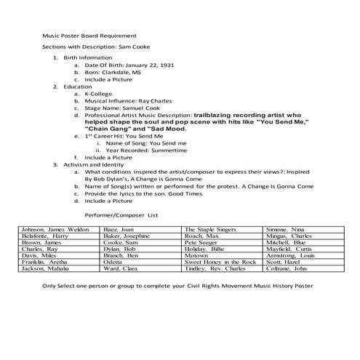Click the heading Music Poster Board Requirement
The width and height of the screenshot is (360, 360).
click(x=87, y=34)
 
